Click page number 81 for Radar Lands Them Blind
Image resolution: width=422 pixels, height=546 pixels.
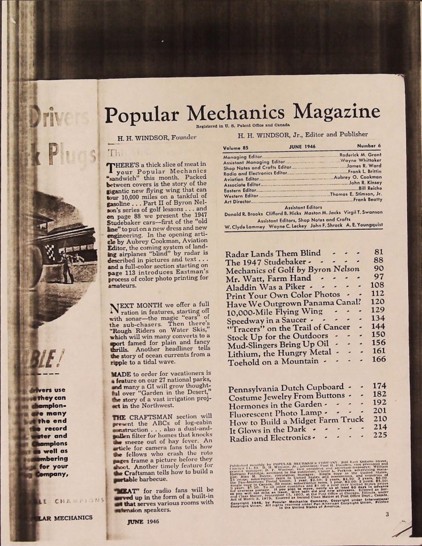379,252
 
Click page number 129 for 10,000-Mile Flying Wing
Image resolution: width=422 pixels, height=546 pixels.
378,311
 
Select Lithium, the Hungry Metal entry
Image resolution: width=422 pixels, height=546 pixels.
279,352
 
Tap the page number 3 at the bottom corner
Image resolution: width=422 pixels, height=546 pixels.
387,513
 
